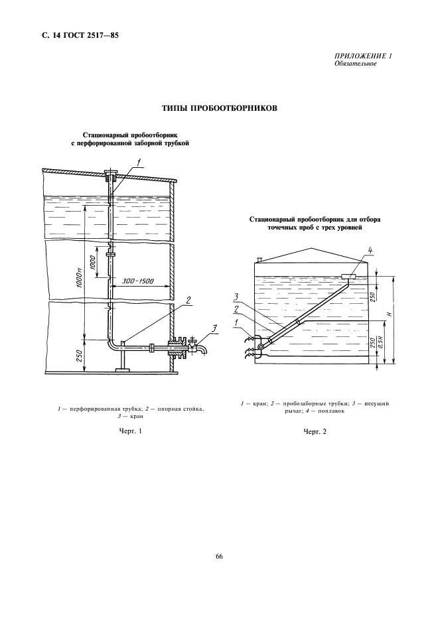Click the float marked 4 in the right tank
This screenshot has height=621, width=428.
pos(349,276)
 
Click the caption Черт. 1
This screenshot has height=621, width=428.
pos(131,432)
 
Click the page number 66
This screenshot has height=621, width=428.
pos(218,556)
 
